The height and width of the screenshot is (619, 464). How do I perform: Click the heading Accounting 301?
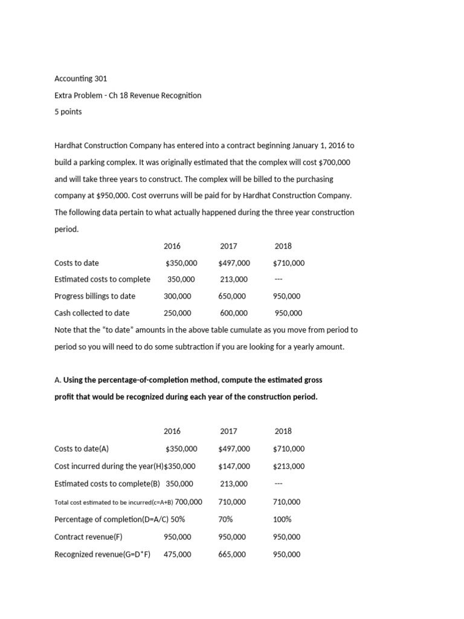tap(80, 79)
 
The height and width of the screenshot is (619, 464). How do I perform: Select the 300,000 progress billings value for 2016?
tap(177, 296)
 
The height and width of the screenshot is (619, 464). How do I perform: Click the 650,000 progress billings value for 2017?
tap(232, 296)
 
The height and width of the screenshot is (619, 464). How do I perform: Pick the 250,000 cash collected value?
tap(177, 313)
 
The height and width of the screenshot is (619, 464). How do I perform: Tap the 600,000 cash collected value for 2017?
tap(233, 313)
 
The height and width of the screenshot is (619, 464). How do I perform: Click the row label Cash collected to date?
tap(92, 313)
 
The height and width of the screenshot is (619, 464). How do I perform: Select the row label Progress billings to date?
tap(95, 296)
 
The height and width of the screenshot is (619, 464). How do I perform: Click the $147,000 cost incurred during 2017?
tap(234, 466)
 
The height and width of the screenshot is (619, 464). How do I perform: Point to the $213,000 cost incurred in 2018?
tap(289, 466)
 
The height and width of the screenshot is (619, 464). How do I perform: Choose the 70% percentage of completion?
tap(227, 519)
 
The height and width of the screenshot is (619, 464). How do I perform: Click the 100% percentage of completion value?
tap(282, 519)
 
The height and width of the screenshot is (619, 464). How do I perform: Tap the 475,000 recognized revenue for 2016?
tap(177, 554)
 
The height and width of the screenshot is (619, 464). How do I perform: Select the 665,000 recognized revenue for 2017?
tap(232, 554)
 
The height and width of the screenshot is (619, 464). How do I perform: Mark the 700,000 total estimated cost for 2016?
tap(188, 502)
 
